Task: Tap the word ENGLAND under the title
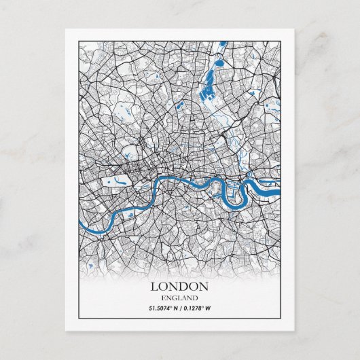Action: pyautogui.click(x=180, y=298)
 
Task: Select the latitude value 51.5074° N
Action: pyautogui.click(x=164, y=309)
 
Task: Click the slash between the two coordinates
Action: pyautogui.click(x=181, y=309)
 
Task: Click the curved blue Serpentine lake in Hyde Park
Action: pyautogui.click(x=118, y=181)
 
